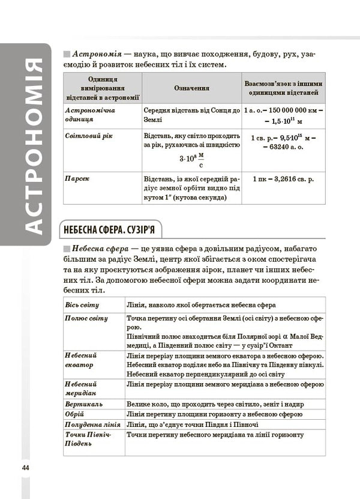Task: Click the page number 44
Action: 25,468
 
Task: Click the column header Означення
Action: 191,88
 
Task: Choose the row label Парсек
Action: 77,178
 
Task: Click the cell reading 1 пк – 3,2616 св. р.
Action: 283,179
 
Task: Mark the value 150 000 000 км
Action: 295,111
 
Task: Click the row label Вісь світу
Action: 82,305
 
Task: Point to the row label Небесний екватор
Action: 80,360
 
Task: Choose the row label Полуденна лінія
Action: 92,425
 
